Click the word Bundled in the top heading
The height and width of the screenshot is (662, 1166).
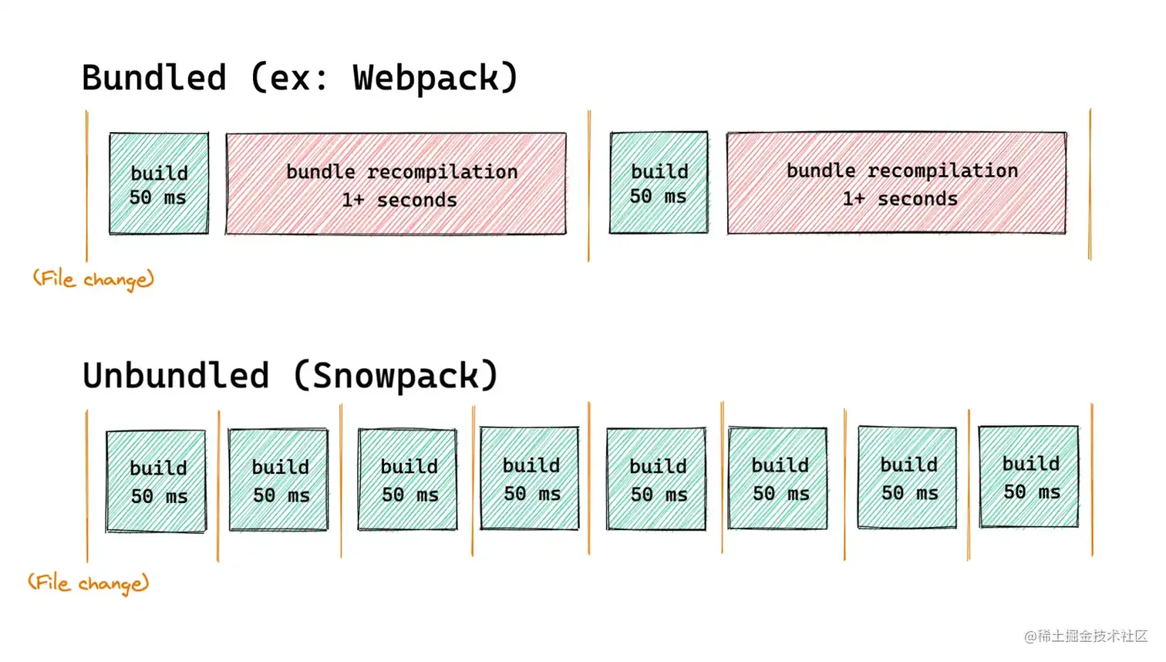coord(154,78)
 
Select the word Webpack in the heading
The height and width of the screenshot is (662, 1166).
coord(426,78)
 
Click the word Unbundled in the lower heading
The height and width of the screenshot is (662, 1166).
coord(176,376)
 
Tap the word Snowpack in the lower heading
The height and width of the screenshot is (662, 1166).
coord(396,376)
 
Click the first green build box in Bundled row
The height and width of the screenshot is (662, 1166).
coord(159,184)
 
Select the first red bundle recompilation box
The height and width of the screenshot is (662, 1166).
coord(396,184)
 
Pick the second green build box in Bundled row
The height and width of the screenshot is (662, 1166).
coord(659,183)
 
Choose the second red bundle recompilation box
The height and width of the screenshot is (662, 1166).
coord(897,183)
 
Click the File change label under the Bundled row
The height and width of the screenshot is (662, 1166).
coord(93,279)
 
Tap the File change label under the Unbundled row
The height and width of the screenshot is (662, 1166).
coord(88,583)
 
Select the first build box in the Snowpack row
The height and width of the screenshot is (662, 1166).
coord(157,481)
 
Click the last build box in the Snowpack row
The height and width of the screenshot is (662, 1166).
coord(1029,477)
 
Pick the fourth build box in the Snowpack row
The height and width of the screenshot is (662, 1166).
coord(529,478)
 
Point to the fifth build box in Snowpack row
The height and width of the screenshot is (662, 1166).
coord(656,479)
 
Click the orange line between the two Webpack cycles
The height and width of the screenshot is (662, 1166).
coord(589,185)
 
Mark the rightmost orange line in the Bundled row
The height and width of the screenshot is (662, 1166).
coord(1090,185)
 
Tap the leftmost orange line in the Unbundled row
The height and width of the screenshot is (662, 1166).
coord(87,486)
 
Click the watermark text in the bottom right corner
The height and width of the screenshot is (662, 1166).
coord(1086,636)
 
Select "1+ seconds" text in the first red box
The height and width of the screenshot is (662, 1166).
coord(399,200)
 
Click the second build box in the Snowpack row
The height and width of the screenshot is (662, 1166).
coord(278,480)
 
